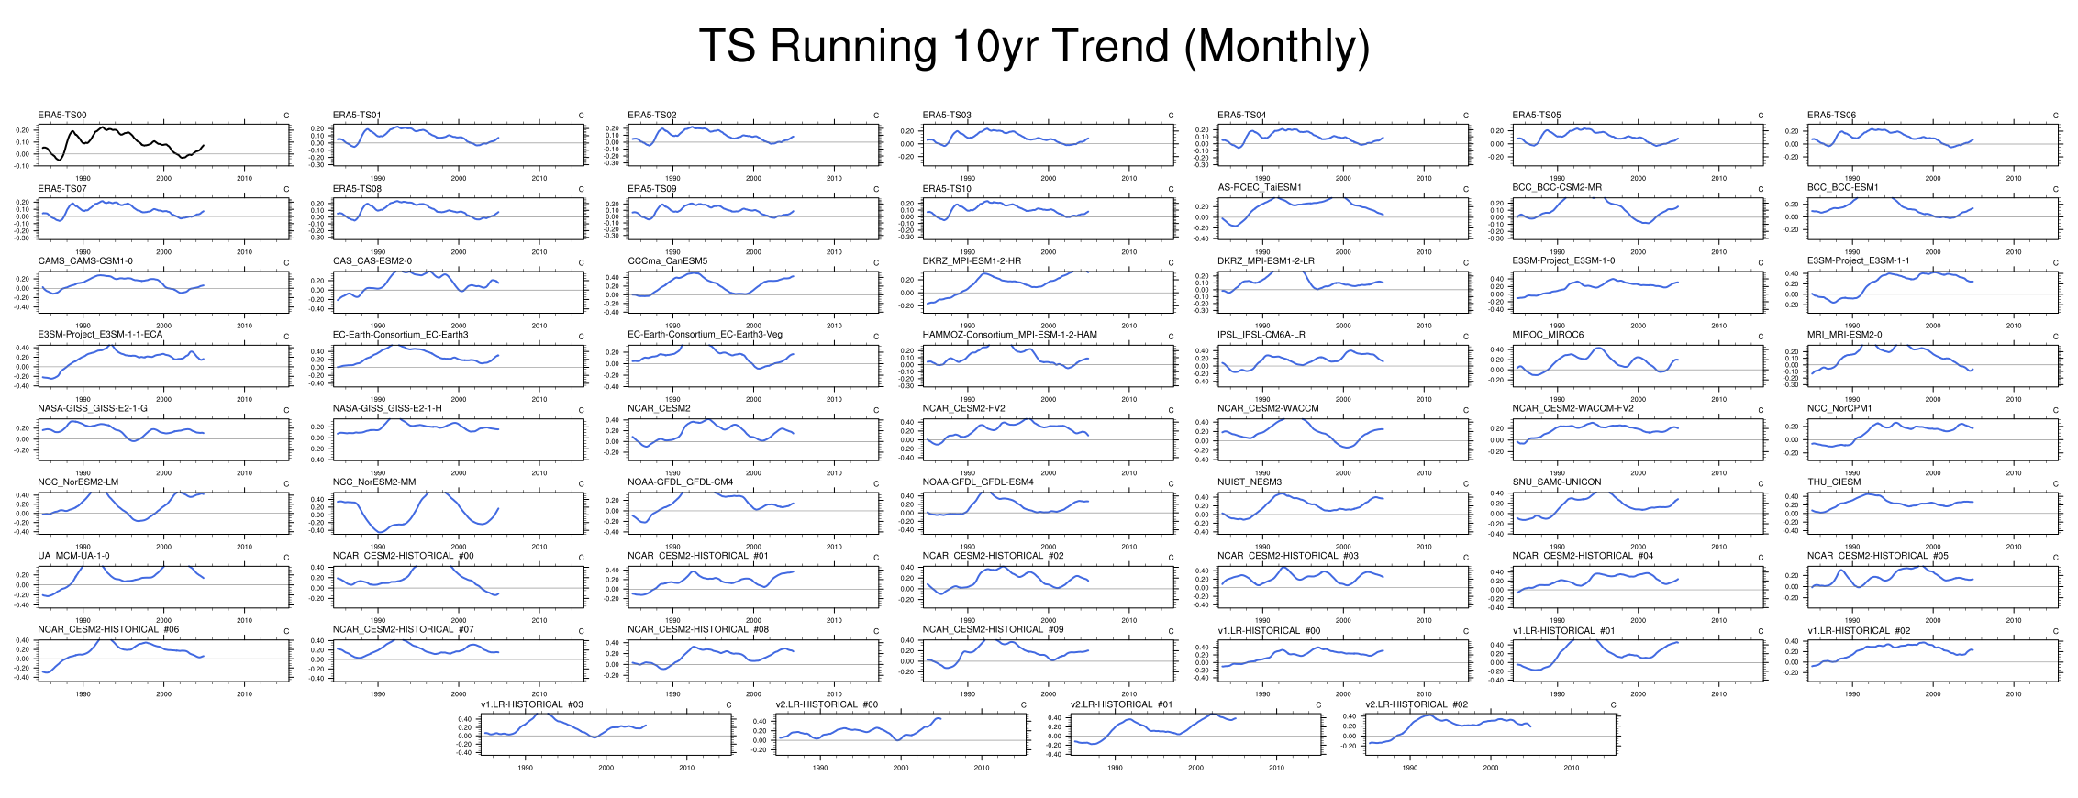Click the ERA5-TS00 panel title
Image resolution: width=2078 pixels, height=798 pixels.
point(62,116)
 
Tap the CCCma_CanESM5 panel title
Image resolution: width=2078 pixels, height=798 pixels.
point(667,261)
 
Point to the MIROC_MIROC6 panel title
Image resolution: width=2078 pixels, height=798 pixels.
point(1548,335)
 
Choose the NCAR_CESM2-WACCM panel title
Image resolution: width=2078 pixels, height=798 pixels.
point(1268,409)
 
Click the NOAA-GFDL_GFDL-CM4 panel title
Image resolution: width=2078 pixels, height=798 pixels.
point(680,482)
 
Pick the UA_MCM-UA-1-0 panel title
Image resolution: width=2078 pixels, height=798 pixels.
point(73,556)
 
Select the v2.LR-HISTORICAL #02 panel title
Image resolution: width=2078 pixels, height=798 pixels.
point(1417,704)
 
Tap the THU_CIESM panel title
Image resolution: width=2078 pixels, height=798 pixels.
point(1834,482)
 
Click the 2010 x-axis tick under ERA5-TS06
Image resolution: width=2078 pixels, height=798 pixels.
point(2014,179)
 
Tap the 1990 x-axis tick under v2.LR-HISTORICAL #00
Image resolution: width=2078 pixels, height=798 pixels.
point(820,768)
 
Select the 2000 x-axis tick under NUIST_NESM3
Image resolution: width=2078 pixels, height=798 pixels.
point(1343,547)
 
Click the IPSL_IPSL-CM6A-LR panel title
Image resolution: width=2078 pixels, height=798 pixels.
point(1261,335)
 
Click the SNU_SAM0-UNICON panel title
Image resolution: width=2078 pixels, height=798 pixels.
point(1557,482)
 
